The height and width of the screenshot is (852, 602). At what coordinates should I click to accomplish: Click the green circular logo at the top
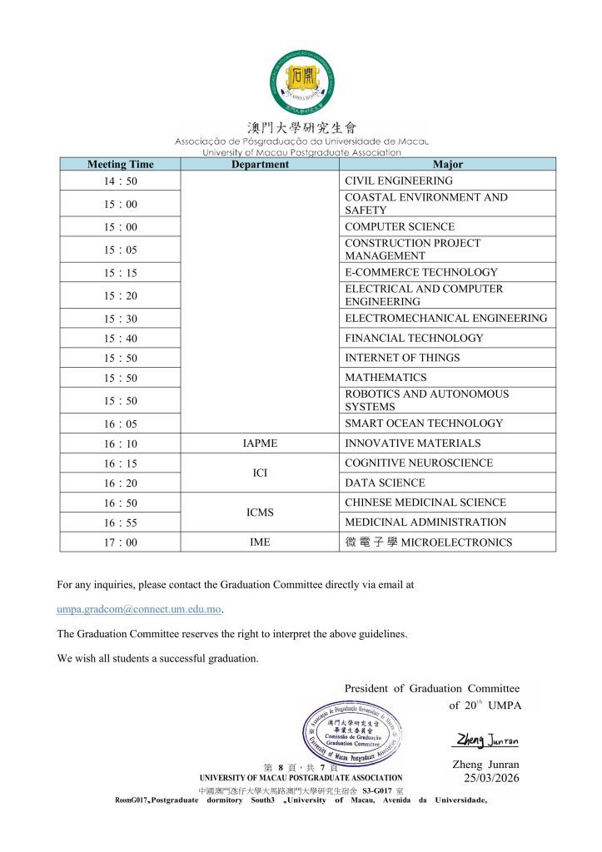pos(302,83)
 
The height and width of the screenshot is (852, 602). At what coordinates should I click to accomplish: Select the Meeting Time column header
pos(121,164)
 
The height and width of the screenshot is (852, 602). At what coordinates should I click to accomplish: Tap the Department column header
pos(260,164)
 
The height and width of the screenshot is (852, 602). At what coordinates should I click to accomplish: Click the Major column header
pos(448,164)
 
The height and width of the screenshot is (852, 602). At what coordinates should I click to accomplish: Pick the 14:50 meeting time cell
pos(121,181)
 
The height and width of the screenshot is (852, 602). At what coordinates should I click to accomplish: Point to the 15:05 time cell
pos(121,250)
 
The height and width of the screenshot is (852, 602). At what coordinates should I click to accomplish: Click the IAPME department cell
pos(260,443)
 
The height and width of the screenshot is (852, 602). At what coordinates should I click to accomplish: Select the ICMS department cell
pos(260,513)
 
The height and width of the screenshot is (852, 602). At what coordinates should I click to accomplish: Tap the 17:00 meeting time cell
pos(121,542)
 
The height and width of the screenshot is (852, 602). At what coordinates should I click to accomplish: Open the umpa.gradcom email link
pos(139,609)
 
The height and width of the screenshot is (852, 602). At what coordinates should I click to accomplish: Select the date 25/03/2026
pos(491,778)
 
